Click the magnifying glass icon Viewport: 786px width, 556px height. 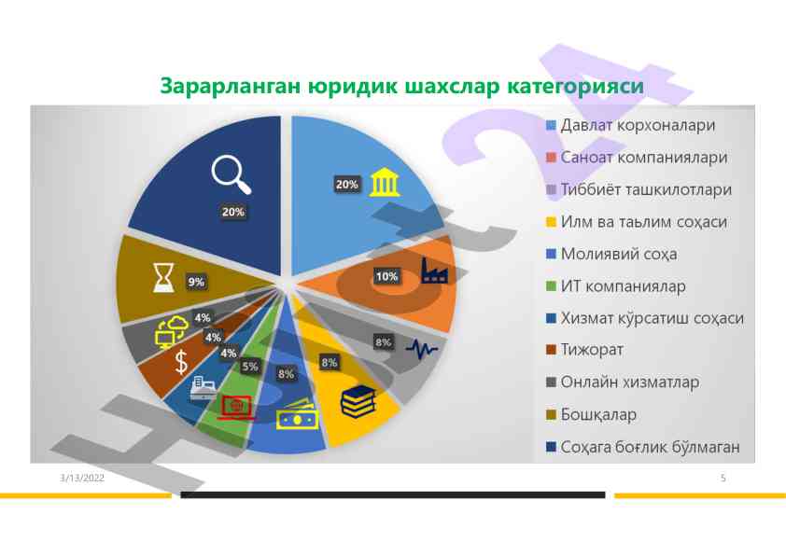pos(231,174)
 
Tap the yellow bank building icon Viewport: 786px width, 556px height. pos(385,182)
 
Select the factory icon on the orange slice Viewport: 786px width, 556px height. pos(435,271)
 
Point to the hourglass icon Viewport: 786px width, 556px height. pos(163,277)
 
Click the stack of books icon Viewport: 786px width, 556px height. pos(358,401)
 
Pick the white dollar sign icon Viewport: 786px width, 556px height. pos(181,362)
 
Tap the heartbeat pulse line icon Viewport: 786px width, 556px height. pos(422,349)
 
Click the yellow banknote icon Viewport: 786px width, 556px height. pos(297,415)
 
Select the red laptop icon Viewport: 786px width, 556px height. pos(235,407)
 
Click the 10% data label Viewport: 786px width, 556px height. pos(387,276)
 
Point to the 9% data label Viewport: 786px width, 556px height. pos(196,282)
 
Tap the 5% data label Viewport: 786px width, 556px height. pos(250,367)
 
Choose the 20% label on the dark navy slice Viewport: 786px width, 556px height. pos(233,212)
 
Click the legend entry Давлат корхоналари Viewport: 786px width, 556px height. pos(630,125)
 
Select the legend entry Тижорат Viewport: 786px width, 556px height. pos(584,350)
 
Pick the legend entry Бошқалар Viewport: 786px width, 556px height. pos(591,415)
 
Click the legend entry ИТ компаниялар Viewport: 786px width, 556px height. pos(615,286)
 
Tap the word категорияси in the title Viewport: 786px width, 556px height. pos(575,86)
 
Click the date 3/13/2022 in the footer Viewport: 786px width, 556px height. pos(82,478)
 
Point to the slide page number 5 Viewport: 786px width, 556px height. pos(723,478)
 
